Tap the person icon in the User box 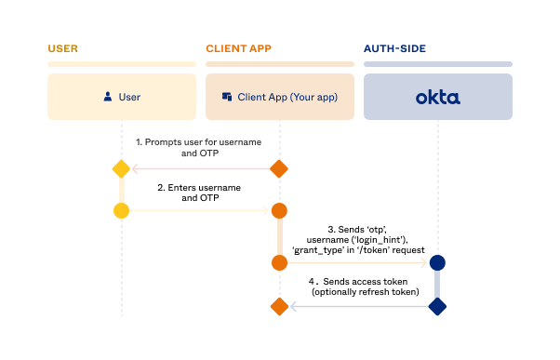pyautogui.click(x=110, y=96)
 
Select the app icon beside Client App pyautogui.click(x=227, y=96)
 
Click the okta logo pyautogui.click(x=437, y=97)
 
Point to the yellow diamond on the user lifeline pyautogui.click(x=121, y=168)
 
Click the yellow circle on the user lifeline pyautogui.click(x=121, y=211)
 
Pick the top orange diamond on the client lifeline pyautogui.click(x=279, y=168)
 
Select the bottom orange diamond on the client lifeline pyautogui.click(x=279, y=306)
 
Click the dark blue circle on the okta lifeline pyautogui.click(x=437, y=263)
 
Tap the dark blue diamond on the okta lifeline pyautogui.click(x=437, y=306)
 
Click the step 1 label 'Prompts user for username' pyautogui.click(x=198, y=141)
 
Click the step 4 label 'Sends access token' pyautogui.click(x=358, y=281)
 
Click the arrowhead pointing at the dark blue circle pyautogui.click(x=424, y=263)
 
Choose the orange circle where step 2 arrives pyautogui.click(x=279, y=211)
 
